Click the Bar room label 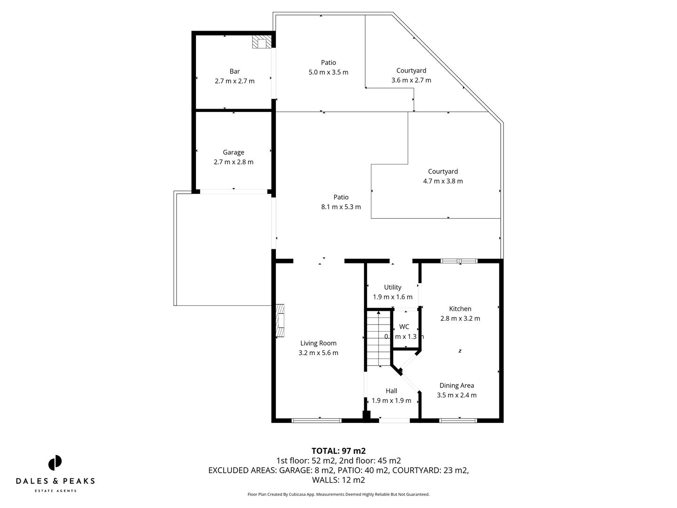click(234, 71)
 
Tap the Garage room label click(233, 152)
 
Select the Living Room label click(318, 343)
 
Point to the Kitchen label click(460, 309)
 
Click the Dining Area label click(457, 386)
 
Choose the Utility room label click(393, 287)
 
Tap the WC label click(404, 327)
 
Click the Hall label click(391, 391)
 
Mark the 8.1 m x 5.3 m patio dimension click(341, 207)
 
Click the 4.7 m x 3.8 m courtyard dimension click(443, 181)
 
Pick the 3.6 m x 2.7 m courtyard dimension click(411, 80)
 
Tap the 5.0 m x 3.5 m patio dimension click(328, 72)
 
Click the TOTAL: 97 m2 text click(338, 451)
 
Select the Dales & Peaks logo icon click(55, 463)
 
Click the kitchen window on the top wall click(459, 261)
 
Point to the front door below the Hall click(394, 420)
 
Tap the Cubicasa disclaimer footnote click(338, 494)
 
